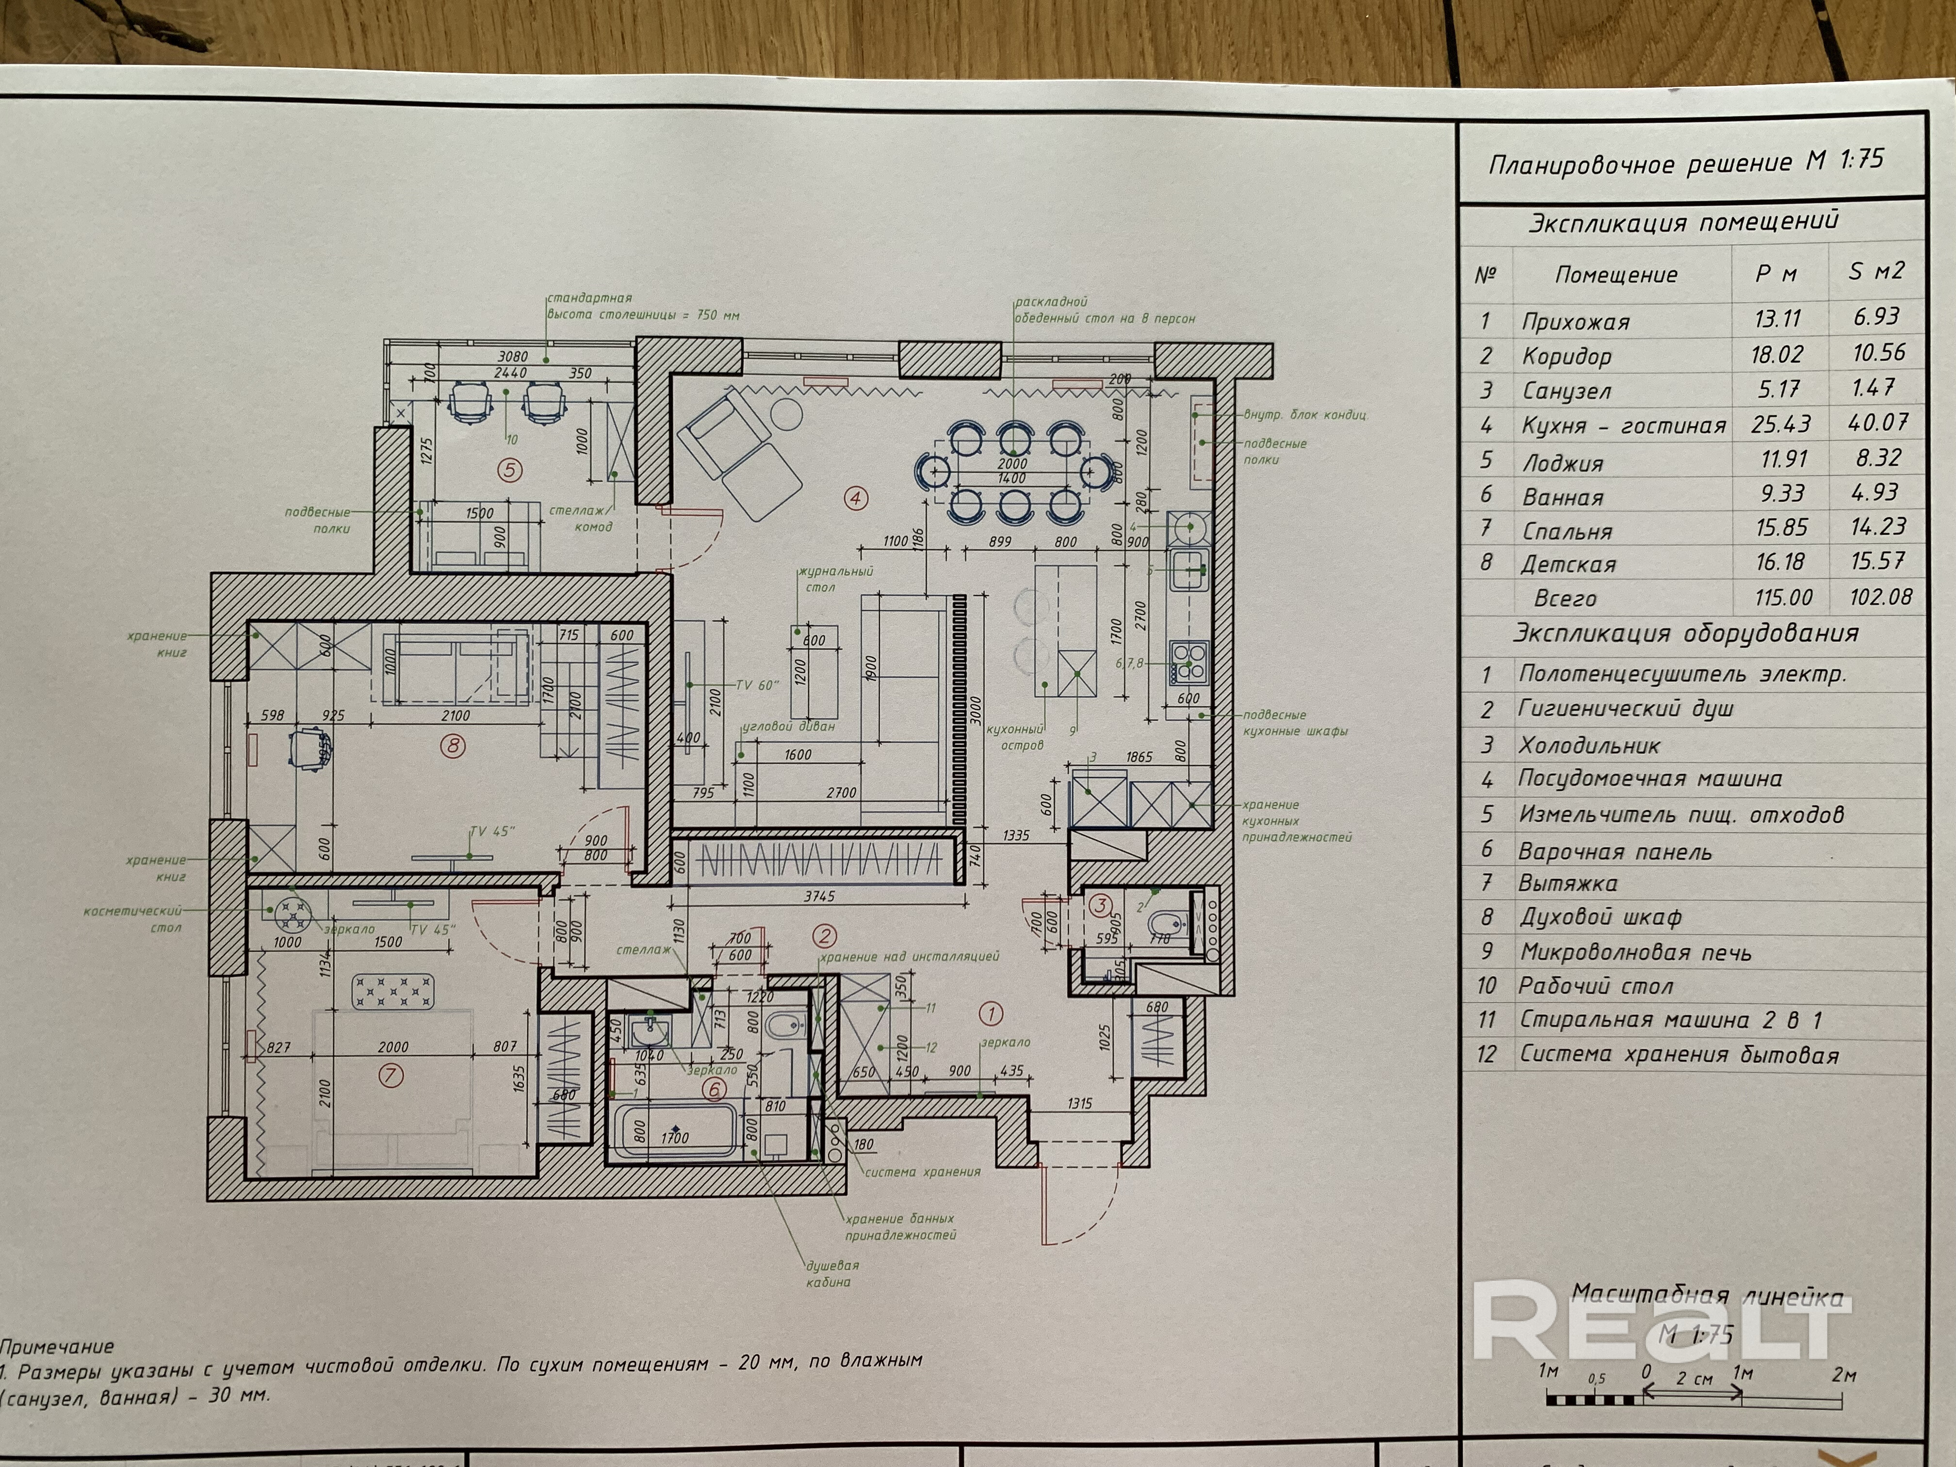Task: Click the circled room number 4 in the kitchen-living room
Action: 855,498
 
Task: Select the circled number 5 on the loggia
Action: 509,470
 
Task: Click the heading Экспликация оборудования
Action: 1685,633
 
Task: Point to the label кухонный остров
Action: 1023,736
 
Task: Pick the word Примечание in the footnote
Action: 57,1347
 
